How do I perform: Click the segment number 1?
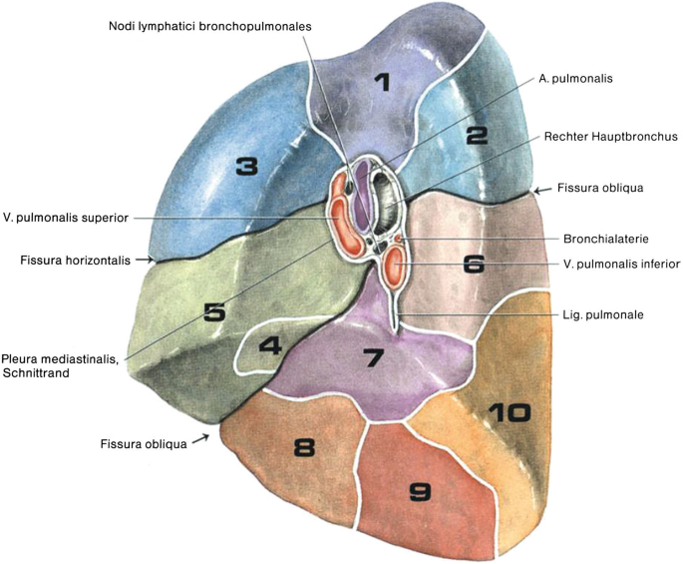383,82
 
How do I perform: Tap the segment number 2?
476,135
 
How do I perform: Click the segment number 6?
474,264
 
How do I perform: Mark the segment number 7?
372,356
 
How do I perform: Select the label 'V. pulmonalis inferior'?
621,265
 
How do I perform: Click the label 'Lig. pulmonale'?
598,313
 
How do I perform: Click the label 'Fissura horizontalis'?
75,261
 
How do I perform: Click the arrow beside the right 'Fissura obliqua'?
541,189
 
